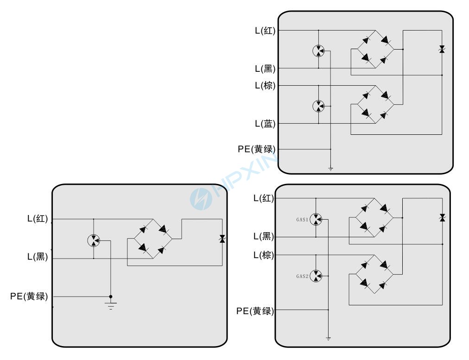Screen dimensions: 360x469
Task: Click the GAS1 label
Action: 302,220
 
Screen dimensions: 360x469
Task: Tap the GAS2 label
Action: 302,276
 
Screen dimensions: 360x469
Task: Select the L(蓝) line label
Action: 265,124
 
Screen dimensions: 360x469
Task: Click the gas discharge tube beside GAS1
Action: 316,219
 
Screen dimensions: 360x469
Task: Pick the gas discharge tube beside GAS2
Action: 316,276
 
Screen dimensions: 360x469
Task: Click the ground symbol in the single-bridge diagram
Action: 110,305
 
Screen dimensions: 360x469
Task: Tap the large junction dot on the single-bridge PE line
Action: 110,297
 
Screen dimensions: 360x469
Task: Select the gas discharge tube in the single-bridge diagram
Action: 94,240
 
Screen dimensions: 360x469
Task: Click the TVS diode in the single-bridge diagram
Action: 222,239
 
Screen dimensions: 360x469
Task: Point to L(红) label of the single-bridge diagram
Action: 38,219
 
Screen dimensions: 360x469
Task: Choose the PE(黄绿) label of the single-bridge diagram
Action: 29,297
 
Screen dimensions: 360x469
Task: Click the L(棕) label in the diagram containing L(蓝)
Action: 265,86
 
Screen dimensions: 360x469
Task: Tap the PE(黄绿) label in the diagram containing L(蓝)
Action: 257,149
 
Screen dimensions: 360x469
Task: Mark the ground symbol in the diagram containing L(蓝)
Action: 330,169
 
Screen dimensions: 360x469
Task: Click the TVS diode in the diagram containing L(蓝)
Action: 442,49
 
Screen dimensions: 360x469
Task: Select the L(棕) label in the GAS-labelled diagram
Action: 264,255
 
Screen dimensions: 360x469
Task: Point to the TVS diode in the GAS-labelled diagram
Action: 442,217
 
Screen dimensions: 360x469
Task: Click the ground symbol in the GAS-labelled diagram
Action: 328,339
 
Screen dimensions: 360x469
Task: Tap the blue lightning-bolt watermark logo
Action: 201,197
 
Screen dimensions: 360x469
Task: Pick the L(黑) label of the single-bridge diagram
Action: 38,257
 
